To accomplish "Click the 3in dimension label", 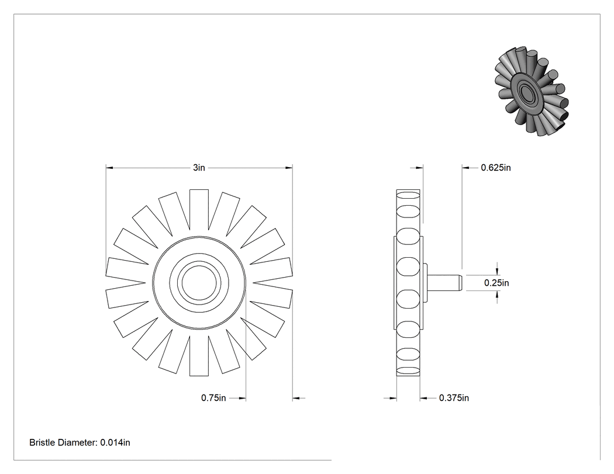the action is pos(199,168).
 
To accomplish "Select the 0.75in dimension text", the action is pos(213,397).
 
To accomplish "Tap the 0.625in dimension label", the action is pos(496,168).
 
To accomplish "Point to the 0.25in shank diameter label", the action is pos(496,283).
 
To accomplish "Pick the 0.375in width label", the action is pos(454,397).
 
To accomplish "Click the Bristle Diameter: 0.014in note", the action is pos(80,442).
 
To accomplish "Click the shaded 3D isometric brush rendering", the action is pos(531,91).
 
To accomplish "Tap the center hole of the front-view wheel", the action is pos(199,282).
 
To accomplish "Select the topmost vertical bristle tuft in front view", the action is pos(199,209).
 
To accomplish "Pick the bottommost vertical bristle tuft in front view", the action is pos(199,355).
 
